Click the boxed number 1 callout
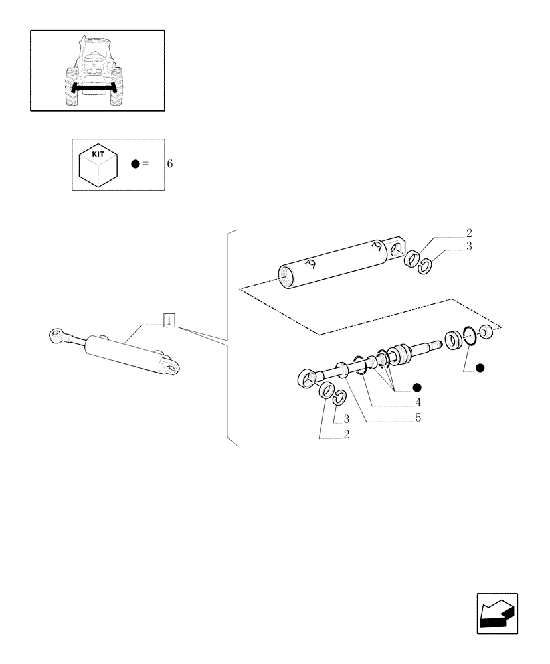click(x=169, y=321)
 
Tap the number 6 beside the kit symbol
click(x=170, y=164)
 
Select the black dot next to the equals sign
click(x=136, y=164)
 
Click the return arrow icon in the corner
click(x=497, y=614)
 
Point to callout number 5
click(x=418, y=418)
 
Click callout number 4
click(x=418, y=402)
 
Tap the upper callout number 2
click(x=468, y=233)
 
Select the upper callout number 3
click(x=468, y=247)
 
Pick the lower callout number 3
click(x=346, y=420)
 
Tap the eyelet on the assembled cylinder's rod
click(x=56, y=337)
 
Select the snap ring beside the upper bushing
click(x=425, y=266)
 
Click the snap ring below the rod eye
click(x=339, y=396)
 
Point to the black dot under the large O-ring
click(x=480, y=367)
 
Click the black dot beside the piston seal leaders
click(x=418, y=387)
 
